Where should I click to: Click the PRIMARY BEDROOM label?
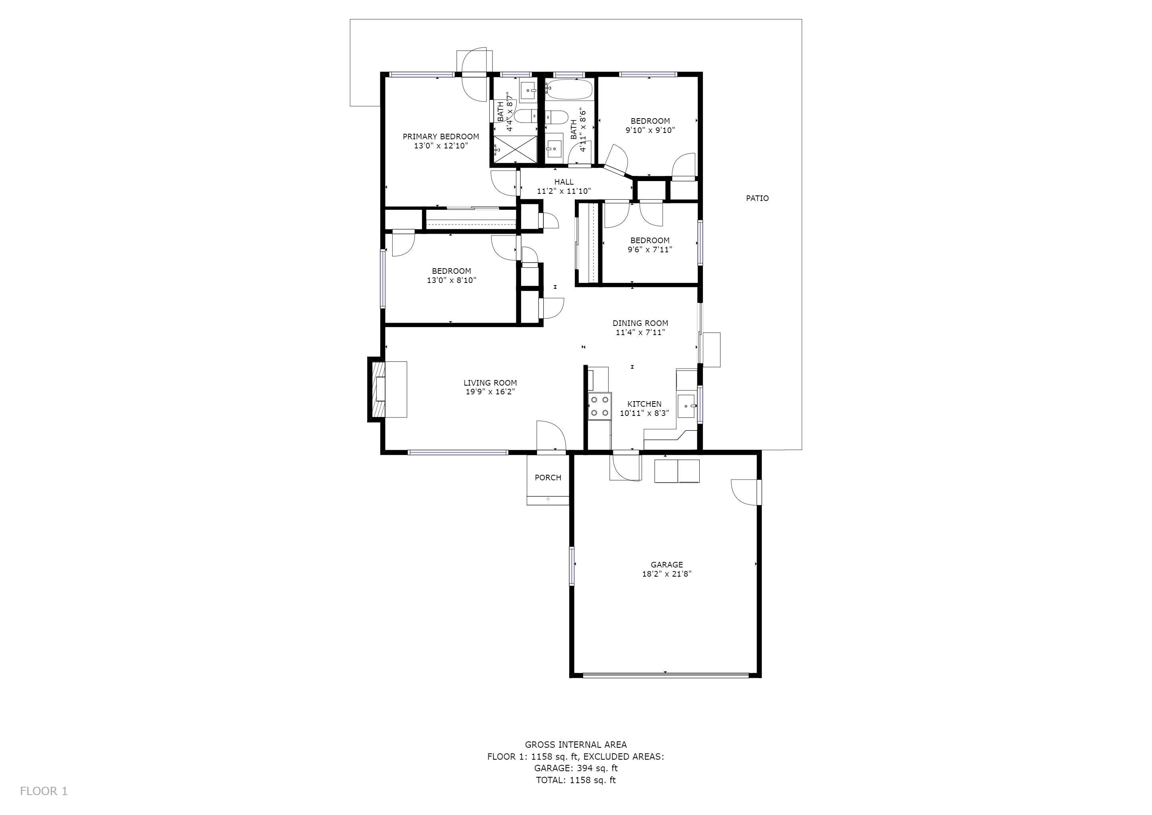click(x=440, y=136)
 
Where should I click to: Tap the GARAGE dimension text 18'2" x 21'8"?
click(x=667, y=574)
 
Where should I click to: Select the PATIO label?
click(x=757, y=198)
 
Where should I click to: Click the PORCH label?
click(x=548, y=478)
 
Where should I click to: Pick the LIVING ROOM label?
click(x=490, y=383)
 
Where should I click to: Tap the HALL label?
click(x=564, y=182)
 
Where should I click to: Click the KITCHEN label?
click(x=644, y=404)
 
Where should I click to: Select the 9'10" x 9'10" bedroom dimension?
click(x=650, y=131)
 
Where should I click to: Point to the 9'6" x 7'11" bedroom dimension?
click(x=650, y=250)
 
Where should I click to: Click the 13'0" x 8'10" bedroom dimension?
click(x=451, y=281)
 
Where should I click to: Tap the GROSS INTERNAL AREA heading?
click(x=576, y=745)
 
